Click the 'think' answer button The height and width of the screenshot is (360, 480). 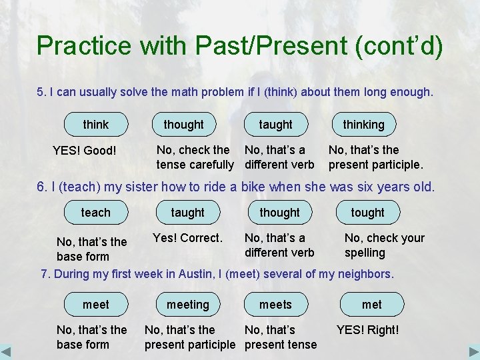tap(96, 125)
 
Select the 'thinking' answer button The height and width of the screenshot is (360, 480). tap(363, 125)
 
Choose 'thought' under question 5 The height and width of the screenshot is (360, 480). tap(184, 125)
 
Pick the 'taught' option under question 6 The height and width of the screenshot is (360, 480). tap(188, 213)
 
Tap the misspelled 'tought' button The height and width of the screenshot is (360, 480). tap(367, 213)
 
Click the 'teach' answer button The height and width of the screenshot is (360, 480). tap(96, 213)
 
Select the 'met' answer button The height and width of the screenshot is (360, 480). tap(371, 305)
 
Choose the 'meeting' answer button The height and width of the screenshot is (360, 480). tap(188, 305)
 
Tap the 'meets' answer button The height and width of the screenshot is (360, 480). tap(275, 305)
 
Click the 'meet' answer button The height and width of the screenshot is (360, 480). tap(96, 305)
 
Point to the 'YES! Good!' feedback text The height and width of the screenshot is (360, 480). tap(84, 151)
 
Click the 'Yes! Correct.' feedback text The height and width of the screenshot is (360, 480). tap(187, 238)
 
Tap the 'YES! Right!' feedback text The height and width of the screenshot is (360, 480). tap(367, 330)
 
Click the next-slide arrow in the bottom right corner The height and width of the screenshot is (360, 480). tap(473, 352)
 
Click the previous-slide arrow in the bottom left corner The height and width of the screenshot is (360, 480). tap(7, 352)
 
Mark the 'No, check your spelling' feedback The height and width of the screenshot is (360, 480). tap(384, 245)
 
